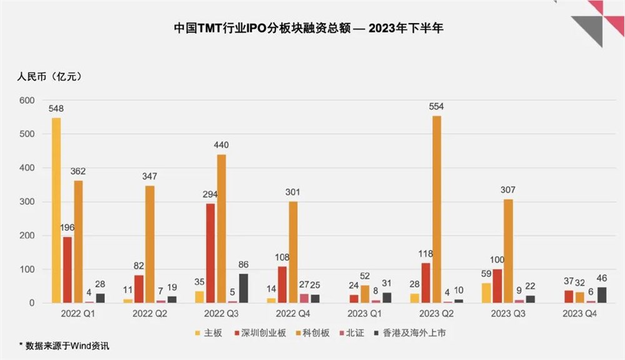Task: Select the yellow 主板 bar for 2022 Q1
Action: (x=56, y=210)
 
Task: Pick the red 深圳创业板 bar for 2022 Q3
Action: (x=211, y=253)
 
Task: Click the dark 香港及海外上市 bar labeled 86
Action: (x=243, y=288)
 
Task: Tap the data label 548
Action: (x=56, y=108)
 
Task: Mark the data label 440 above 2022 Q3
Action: (x=222, y=144)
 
